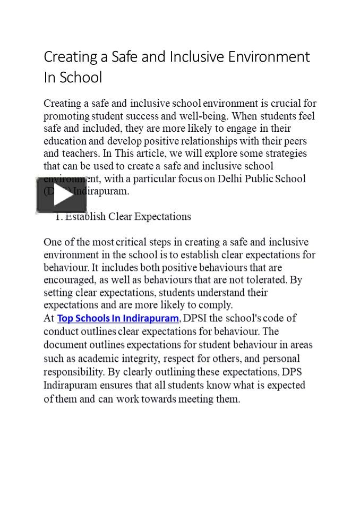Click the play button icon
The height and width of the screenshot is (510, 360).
(61, 195)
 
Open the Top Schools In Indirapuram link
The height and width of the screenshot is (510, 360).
(118, 318)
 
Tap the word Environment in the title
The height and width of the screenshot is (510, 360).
(269, 57)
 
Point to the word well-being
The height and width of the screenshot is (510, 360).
(205, 116)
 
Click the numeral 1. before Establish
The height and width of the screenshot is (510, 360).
(59, 217)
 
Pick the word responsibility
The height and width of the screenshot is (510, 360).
(73, 372)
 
